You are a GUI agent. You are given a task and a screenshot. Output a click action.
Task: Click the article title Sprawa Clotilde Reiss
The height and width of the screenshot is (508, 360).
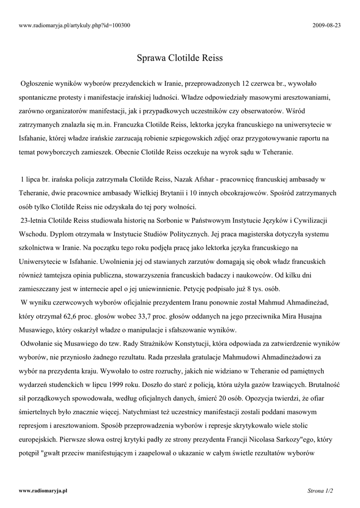[180, 58]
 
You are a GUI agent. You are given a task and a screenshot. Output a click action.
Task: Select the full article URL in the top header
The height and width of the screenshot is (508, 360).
[74, 25]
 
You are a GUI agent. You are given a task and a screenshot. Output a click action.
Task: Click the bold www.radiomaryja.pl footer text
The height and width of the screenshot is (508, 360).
[43, 490]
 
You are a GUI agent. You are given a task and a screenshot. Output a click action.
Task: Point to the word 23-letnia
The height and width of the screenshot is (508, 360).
[35, 219]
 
